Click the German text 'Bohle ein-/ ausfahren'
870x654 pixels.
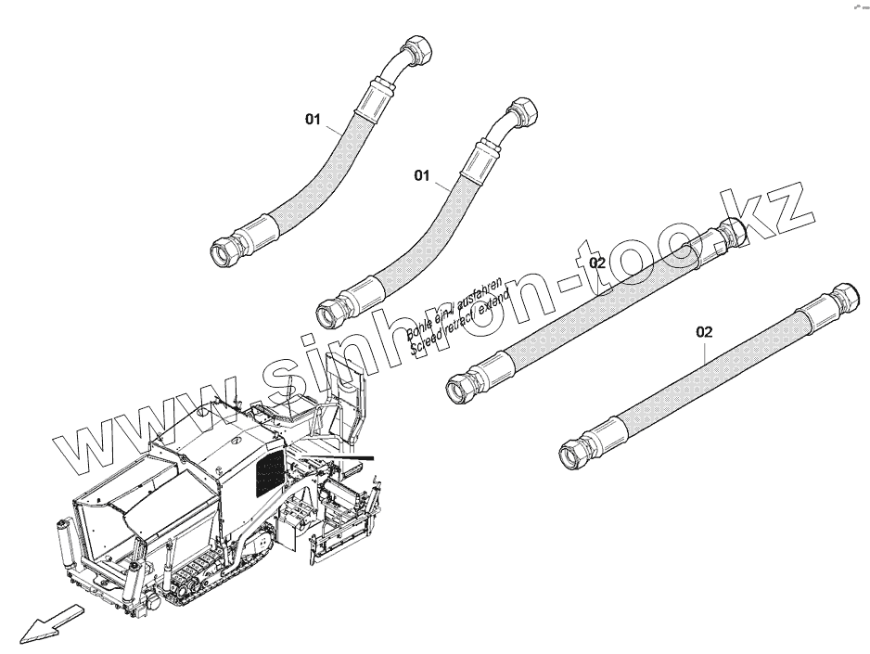coord(454,305)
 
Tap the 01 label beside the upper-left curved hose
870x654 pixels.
coord(313,119)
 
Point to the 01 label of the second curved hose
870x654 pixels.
coord(423,174)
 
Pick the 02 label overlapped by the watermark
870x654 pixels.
coord(597,263)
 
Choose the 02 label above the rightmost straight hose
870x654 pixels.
coord(705,331)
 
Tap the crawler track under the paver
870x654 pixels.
coord(213,565)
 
